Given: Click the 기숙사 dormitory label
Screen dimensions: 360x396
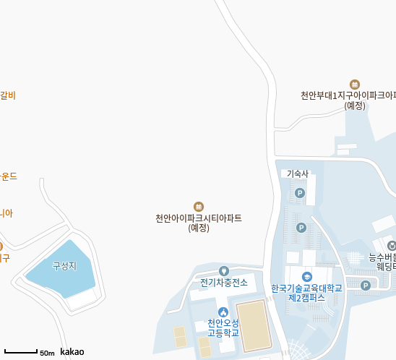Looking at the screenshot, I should click(298, 173).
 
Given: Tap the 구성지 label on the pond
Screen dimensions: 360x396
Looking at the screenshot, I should click(64, 266).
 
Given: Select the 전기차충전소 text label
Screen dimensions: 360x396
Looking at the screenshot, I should click(224, 283).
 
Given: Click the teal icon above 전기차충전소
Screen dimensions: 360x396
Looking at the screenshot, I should click(224, 270).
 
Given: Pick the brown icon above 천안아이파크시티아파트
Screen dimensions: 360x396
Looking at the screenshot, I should click(199, 207).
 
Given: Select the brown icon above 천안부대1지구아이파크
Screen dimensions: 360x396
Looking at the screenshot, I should click(354, 85).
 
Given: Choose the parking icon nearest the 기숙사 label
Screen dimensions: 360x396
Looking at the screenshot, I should click(300, 193).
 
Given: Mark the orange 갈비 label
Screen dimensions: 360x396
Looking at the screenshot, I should click(8, 95).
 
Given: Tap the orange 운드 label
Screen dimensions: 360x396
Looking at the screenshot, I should click(9, 176).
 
